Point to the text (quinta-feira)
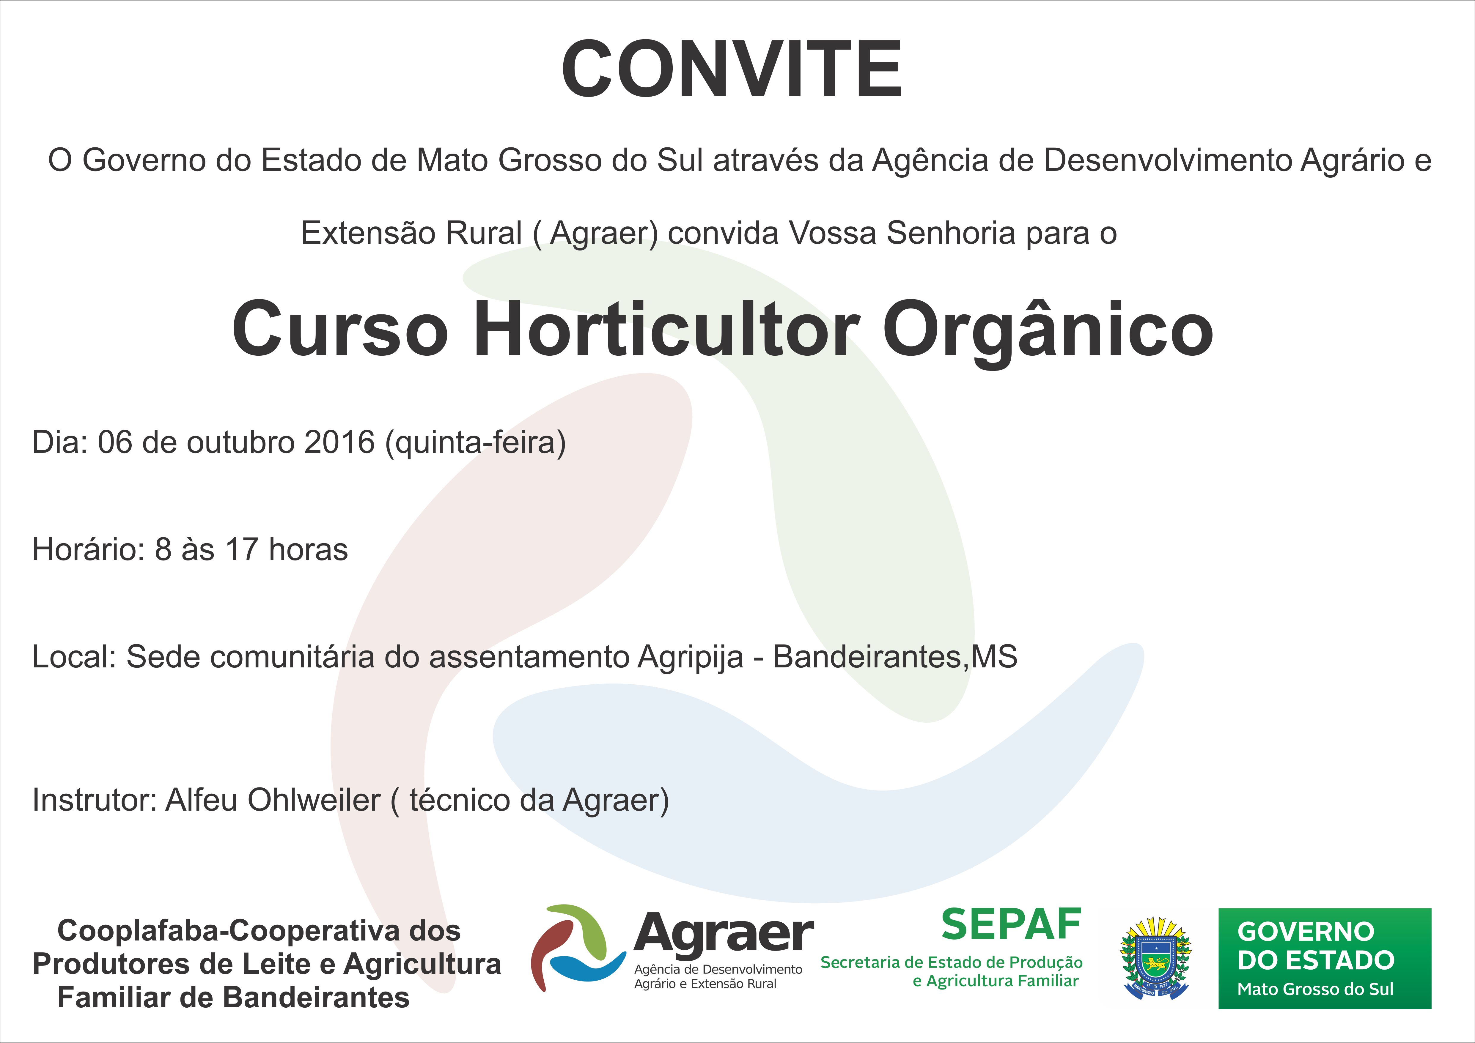(475, 443)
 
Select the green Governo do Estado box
(1325, 958)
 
